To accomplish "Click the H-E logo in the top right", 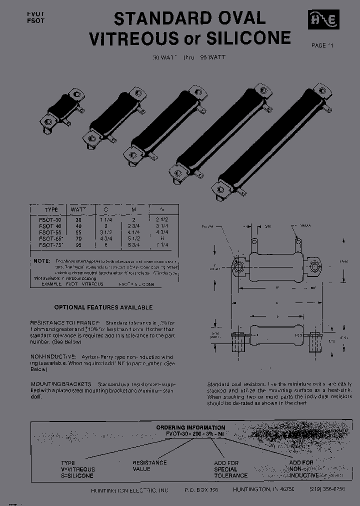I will pyautogui.click(x=324, y=20).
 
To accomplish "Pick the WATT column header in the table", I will pyautogui.click(x=77, y=209).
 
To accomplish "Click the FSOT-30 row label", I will pyautogui.click(x=50, y=219).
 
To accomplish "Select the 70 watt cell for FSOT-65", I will pyautogui.click(x=77, y=239).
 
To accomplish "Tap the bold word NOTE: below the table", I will pyautogui.click(x=41, y=261).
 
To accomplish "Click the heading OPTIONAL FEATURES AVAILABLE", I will pyautogui.click(x=103, y=307).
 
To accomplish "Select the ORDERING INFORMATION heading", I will pyautogui.click(x=190, y=427).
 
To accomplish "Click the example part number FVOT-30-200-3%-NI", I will pyautogui.click(x=190, y=434).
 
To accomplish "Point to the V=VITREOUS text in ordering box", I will pyautogui.click(x=77, y=469).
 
